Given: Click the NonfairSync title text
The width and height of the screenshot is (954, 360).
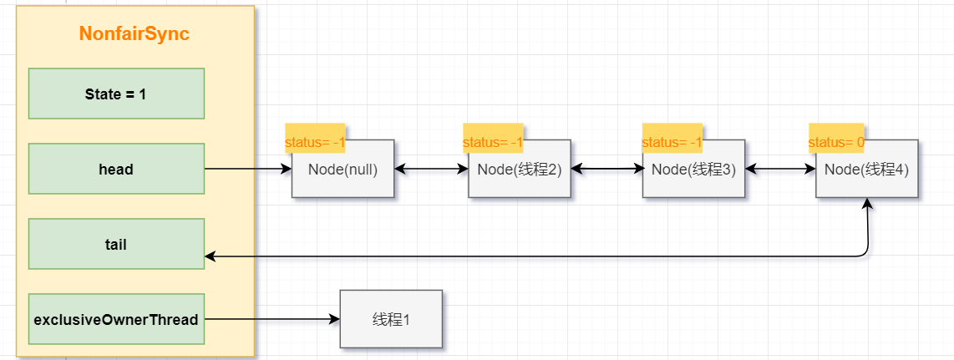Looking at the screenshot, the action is pyautogui.click(x=134, y=34).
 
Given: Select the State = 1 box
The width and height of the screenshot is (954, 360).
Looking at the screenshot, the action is pyautogui.click(x=116, y=94).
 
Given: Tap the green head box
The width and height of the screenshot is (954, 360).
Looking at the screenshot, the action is pyautogui.click(x=116, y=169).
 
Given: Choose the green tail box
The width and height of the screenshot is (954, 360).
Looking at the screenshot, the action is pyautogui.click(x=116, y=244).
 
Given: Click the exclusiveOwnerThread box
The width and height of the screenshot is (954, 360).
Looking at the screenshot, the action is pyautogui.click(x=116, y=319).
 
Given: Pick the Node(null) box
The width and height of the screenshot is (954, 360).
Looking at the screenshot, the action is pyautogui.click(x=343, y=169).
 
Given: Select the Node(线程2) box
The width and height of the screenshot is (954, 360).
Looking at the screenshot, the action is pyautogui.click(x=520, y=169).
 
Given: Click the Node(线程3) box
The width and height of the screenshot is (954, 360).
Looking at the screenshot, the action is pyautogui.click(x=693, y=169).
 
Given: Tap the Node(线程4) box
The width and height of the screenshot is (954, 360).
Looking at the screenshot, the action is pyautogui.click(x=867, y=169).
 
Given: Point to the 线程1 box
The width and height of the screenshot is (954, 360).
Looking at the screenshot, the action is pyautogui.click(x=391, y=319).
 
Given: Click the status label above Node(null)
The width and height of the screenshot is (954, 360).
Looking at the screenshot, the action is pyautogui.click(x=315, y=142).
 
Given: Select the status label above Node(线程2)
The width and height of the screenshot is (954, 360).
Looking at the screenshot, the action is pyautogui.click(x=493, y=142).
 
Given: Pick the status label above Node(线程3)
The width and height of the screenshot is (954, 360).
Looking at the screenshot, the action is pyautogui.click(x=672, y=142).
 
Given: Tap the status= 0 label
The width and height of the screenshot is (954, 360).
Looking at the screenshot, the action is pyautogui.click(x=836, y=142).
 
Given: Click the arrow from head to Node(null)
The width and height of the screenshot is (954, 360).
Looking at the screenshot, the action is pyautogui.click(x=248, y=169).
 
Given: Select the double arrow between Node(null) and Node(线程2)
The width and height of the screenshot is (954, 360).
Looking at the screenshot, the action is pyautogui.click(x=431, y=169).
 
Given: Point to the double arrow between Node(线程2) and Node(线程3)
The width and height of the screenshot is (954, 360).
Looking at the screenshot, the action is pyautogui.click(x=606, y=169).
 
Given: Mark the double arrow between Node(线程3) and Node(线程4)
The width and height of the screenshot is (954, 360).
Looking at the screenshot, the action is pyautogui.click(x=780, y=169).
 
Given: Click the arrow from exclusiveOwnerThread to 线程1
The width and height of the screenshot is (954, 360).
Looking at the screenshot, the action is pyautogui.click(x=272, y=319).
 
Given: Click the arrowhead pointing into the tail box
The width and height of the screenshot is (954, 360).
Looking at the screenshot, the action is pyautogui.click(x=210, y=256).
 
